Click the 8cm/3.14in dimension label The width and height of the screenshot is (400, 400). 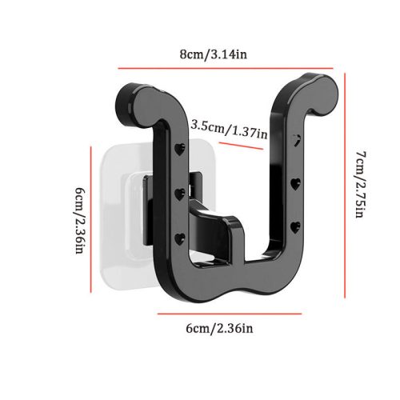tap(213, 54)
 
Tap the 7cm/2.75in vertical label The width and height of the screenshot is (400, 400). tap(361, 184)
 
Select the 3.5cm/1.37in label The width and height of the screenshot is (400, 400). tap(229, 130)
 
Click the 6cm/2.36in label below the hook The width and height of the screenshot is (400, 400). tap(219, 328)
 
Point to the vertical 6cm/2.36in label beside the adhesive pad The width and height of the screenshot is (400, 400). tap(80, 220)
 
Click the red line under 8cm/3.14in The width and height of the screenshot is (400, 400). tap(226, 69)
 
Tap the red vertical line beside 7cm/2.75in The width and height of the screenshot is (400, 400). tap(345, 186)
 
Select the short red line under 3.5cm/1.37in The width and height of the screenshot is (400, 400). tap(241, 146)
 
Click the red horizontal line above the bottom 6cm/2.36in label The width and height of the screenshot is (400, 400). tap(230, 314)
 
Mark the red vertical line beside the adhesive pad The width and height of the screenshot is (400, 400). tap(91, 219)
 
